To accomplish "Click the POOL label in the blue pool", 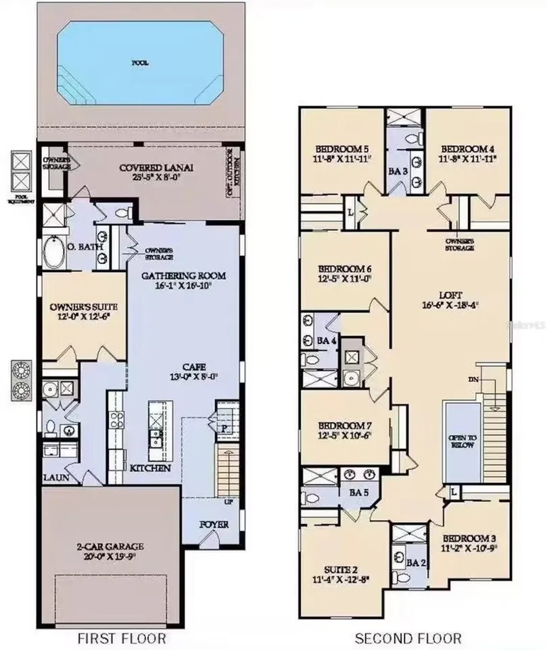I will [x=140, y=63].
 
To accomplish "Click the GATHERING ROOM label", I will [x=183, y=276].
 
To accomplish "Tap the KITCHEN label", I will [x=150, y=468].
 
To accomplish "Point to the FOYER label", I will [x=213, y=525].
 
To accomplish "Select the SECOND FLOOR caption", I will [x=408, y=638].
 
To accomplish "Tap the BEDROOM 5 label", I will [x=342, y=149].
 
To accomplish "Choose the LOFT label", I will [x=450, y=295].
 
